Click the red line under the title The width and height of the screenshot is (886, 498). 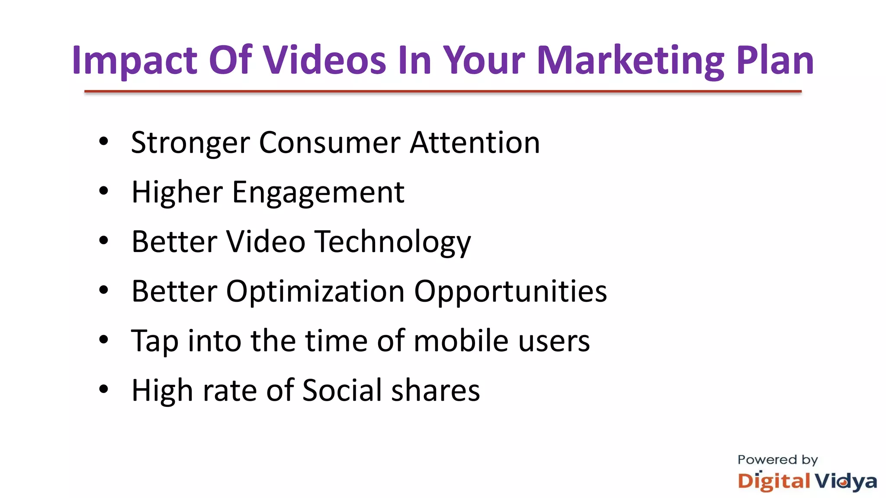pos(443,92)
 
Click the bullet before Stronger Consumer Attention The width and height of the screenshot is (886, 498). pos(103,141)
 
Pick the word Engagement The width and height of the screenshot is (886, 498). pos(318,193)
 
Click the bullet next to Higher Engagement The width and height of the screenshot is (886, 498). pos(103,191)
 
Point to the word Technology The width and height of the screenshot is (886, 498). pos(392,242)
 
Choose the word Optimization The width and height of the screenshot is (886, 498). pos(315,292)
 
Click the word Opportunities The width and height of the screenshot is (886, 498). pos(510,292)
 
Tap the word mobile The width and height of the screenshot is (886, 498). pos(461,341)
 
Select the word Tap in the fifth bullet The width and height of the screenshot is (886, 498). pos(154,342)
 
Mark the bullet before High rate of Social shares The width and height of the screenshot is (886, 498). pos(103,389)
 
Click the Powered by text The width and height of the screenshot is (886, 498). pos(777,460)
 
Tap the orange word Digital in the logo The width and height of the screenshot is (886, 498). pos(774,482)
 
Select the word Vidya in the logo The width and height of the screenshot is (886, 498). pos(846,482)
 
